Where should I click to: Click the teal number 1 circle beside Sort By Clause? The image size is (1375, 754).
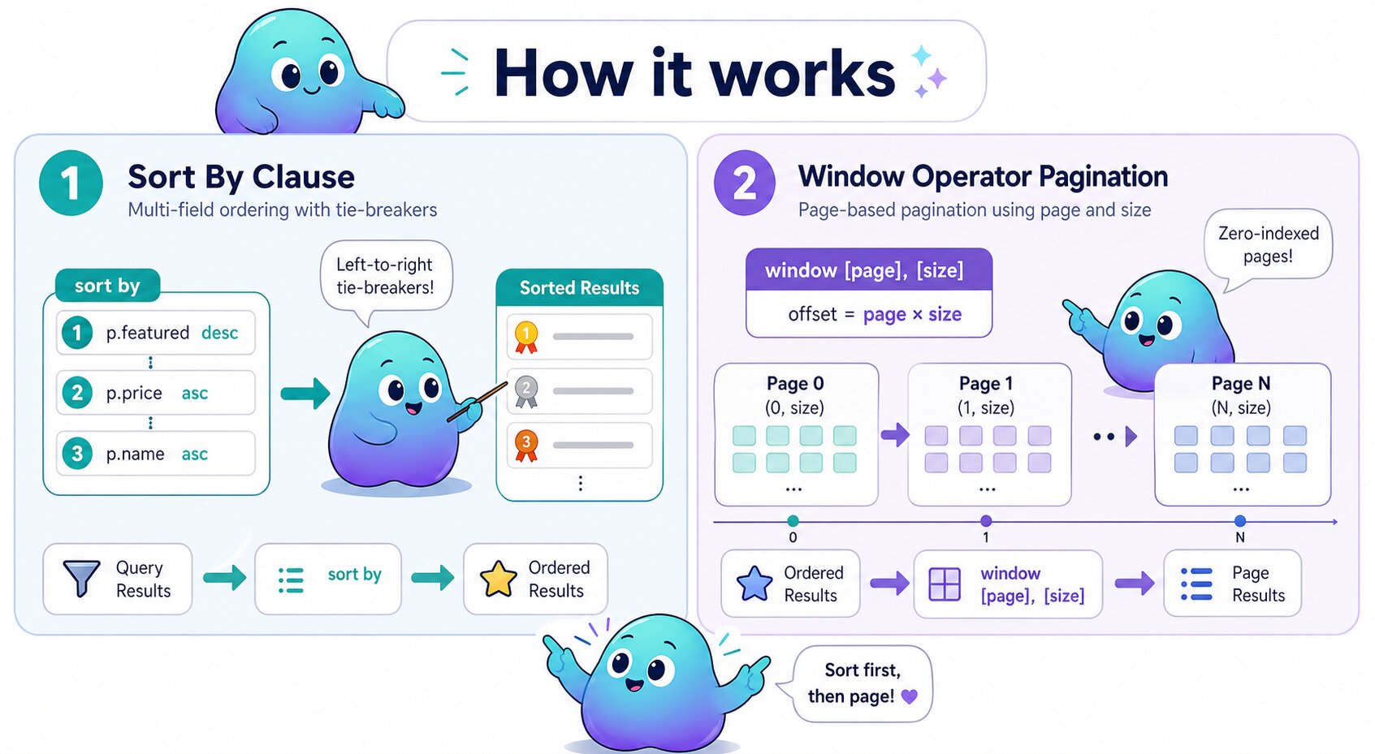click(x=71, y=183)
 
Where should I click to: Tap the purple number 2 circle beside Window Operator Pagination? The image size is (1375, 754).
click(x=744, y=183)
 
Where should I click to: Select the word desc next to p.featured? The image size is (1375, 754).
click(x=219, y=333)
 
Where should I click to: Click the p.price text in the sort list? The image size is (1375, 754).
click(x=134, y=393)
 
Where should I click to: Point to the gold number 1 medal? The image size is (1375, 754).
click(x=526, y=336)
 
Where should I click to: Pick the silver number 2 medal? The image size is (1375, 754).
click(x=526, y=391)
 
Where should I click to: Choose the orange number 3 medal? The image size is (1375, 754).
click(x=526, y=445)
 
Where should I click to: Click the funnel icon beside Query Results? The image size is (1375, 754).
click(x=81, y=578)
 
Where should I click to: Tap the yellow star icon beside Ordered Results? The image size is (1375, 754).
click(x=498, y=580)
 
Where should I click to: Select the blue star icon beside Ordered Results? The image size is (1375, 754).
click(x=754, y=584)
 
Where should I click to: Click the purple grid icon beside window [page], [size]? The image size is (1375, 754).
click(x=945, y=584)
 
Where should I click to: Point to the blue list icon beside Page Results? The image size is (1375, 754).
click(x=1196, y=584)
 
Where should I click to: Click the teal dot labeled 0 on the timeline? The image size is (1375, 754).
click(x=793, y=521)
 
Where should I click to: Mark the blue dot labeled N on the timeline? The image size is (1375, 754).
click(x=1239, y=521)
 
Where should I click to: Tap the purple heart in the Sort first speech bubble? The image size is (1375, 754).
click(x=910, y=696)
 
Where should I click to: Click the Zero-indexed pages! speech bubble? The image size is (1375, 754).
click(x=1267, y=244)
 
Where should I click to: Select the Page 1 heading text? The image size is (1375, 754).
click(x=985, y=383)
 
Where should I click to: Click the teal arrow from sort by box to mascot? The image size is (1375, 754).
click(x=305, y=394)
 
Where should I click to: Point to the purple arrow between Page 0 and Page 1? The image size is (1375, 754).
click(x=894, y=435)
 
